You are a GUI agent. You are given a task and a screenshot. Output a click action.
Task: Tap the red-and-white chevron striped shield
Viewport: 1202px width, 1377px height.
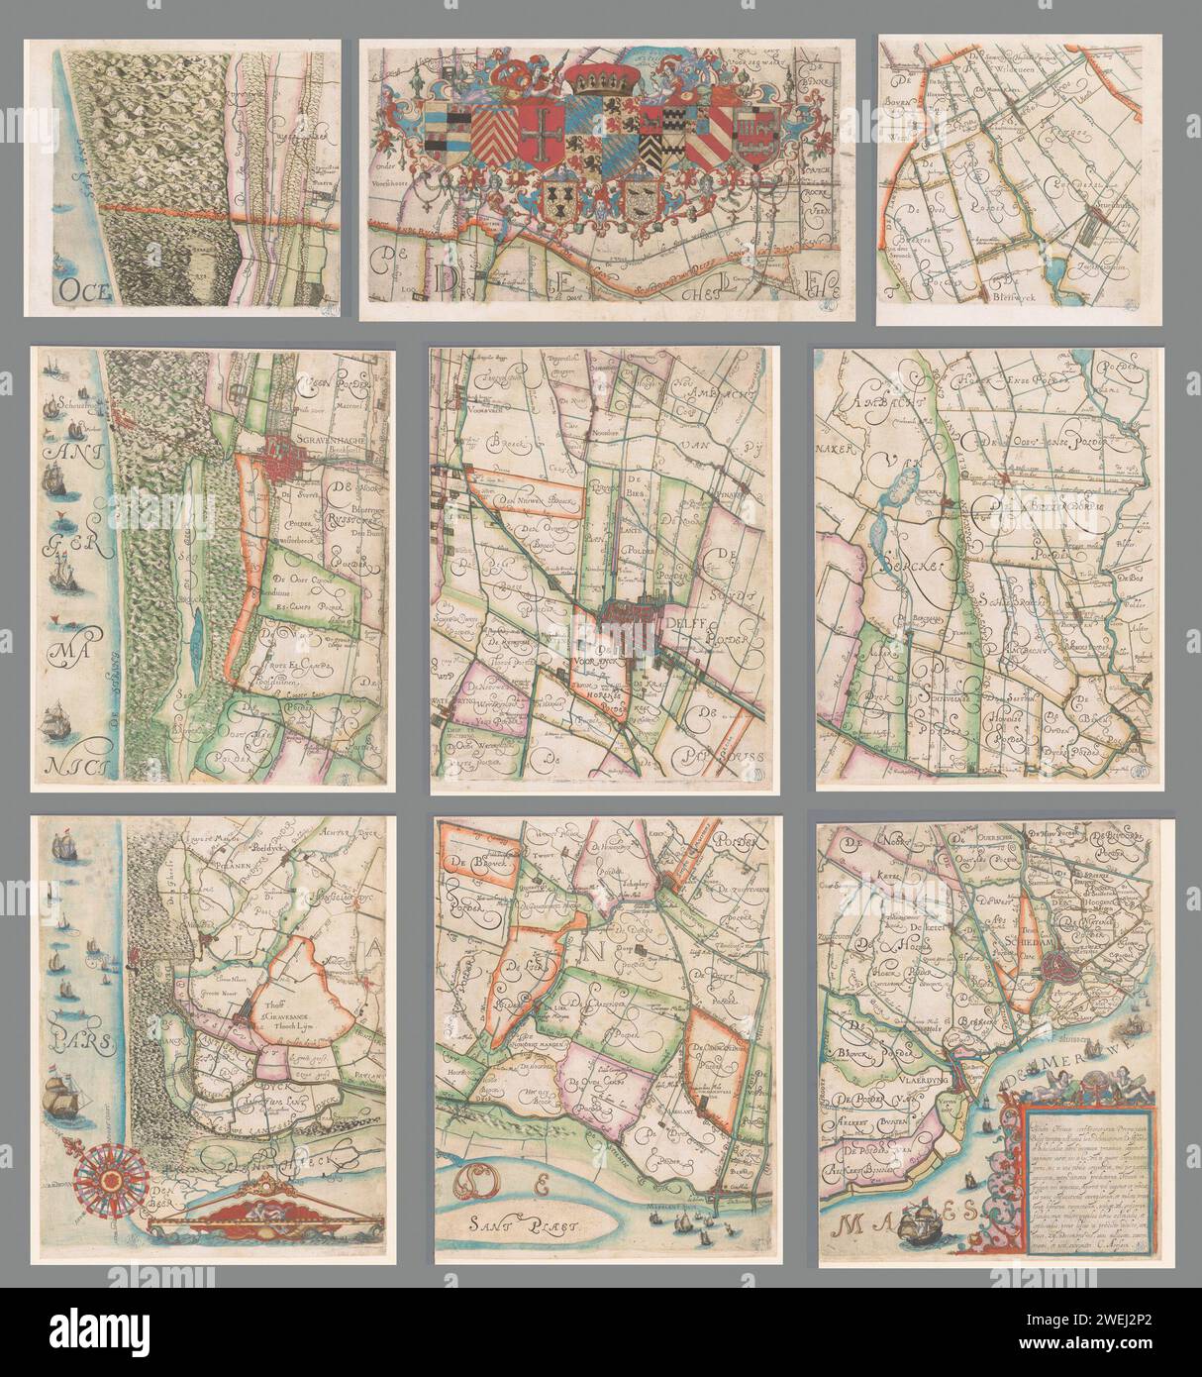pyautogui.click(x=492, y=134)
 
